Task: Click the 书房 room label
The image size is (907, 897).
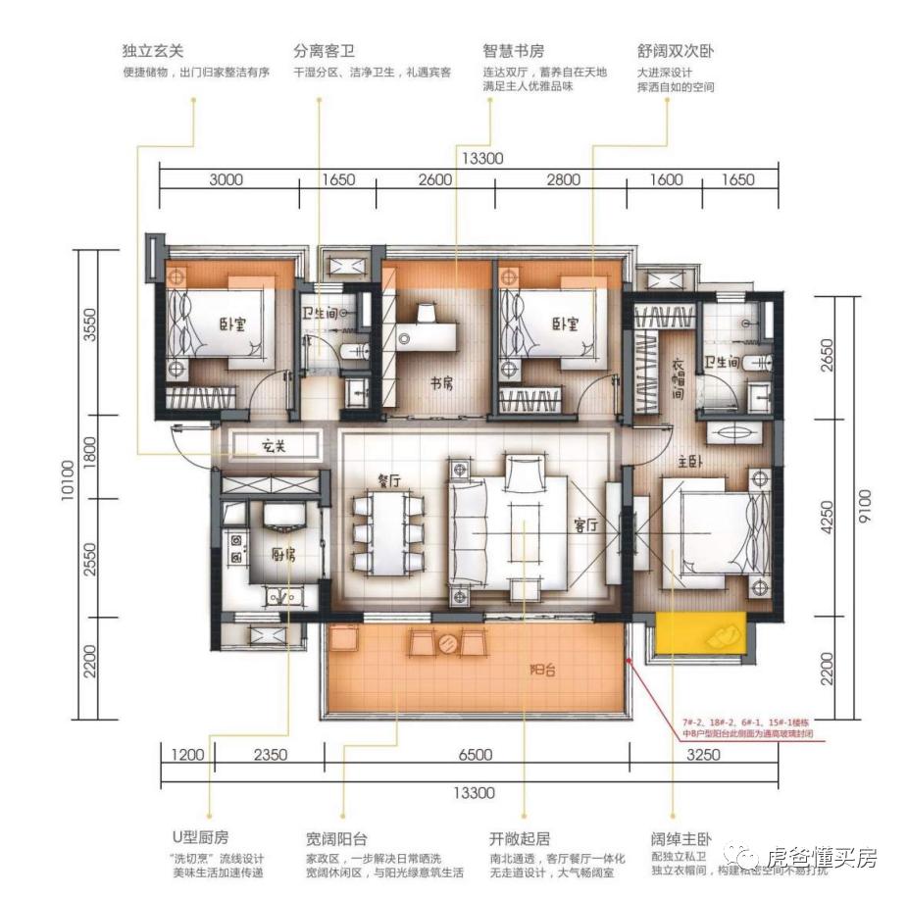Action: point(440,383)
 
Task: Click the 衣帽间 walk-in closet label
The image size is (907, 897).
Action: point(679,378)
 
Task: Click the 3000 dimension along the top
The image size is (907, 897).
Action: point(227,179)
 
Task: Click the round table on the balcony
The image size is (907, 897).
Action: point(448,643)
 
